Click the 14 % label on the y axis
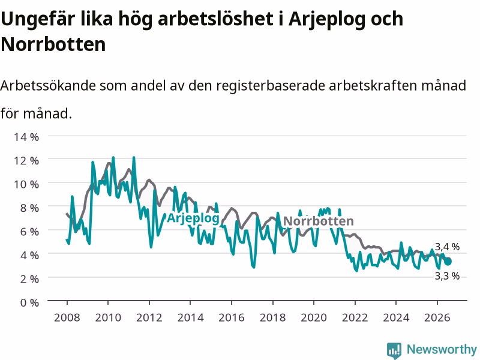26,137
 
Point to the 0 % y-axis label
29,303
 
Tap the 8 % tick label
29,208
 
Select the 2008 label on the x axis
67,317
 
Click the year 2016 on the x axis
232,317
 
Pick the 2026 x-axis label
437,317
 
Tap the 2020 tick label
314,317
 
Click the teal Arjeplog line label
193,218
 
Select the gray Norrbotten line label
319,221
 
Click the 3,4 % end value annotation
447,247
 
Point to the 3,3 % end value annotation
447,276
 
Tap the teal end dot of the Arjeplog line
448,262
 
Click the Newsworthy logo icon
394,350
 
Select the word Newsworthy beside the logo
442,349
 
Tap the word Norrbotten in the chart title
53,44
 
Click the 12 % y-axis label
26,161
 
